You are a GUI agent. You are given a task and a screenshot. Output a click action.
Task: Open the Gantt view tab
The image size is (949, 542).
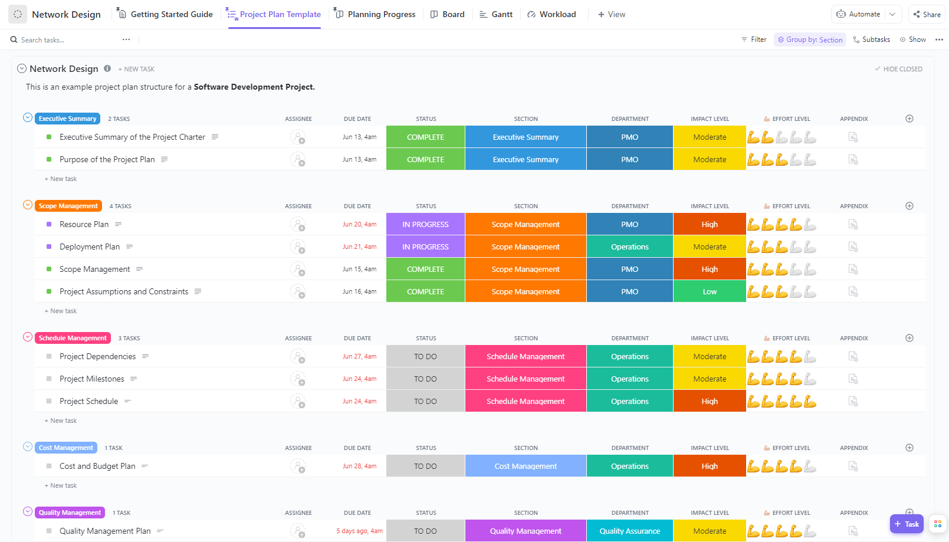pyautogui.click(x=496, y=14)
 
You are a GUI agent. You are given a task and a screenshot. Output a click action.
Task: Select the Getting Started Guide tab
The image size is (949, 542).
pyautogui.click(x=165, y=14)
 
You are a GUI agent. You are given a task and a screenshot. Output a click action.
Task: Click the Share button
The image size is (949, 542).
pyautogui.click(x=927, y=14)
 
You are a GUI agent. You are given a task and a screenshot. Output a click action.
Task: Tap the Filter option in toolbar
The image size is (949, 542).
pyautogui.click(x=754, y=40)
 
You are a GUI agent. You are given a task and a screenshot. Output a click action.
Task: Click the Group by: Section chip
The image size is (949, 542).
pyautogui.click(x=810, y=40)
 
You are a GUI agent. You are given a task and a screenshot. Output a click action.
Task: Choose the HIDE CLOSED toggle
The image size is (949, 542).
pyautogui.click(x=898, y=69)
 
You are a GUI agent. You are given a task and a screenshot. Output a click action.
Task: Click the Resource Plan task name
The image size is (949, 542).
pyautogui.click(x=84, y=224)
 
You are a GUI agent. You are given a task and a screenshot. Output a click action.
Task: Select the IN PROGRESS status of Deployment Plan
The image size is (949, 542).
pyautogui.click(x=425, y=247)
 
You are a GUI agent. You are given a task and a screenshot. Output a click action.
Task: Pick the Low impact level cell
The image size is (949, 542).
pyautogui.click(x=710, y=291)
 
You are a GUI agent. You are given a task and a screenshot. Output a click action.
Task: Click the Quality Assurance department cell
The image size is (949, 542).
pyautogui.click(x=629, y=531)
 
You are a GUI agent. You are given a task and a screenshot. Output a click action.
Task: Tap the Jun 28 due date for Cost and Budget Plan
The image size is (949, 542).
pyautogui.click(x=359, y=466)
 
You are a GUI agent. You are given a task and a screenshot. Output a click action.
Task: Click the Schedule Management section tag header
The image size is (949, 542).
pyautogui.click(x=73, y=338)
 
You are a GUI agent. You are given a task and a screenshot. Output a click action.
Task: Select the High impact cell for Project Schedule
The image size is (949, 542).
pyautogui.click(x=710, y=401)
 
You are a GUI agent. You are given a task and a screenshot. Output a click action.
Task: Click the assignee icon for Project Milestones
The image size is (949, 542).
pyautogui.click(x=298, y=379)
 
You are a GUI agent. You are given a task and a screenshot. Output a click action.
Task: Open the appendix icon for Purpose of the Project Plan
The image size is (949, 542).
pyautogui.click(x=853, y=159)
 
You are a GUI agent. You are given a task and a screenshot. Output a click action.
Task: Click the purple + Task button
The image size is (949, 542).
pyautogui.click(x=907, y=524)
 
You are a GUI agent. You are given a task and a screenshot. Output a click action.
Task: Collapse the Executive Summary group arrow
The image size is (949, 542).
pyautogui.click(x=28, y=117)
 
